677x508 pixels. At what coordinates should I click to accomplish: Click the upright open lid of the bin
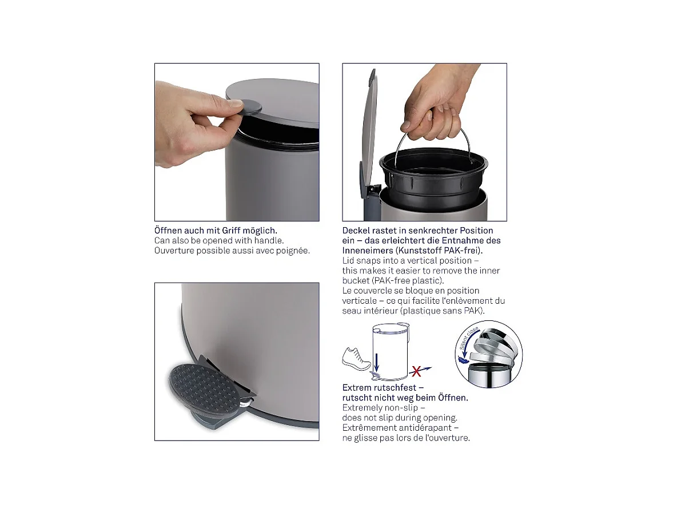point(369,126)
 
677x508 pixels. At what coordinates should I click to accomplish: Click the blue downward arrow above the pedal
point(377,361)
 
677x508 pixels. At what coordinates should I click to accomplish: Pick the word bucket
point(356,281)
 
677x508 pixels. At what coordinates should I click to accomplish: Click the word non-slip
point(403,408)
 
